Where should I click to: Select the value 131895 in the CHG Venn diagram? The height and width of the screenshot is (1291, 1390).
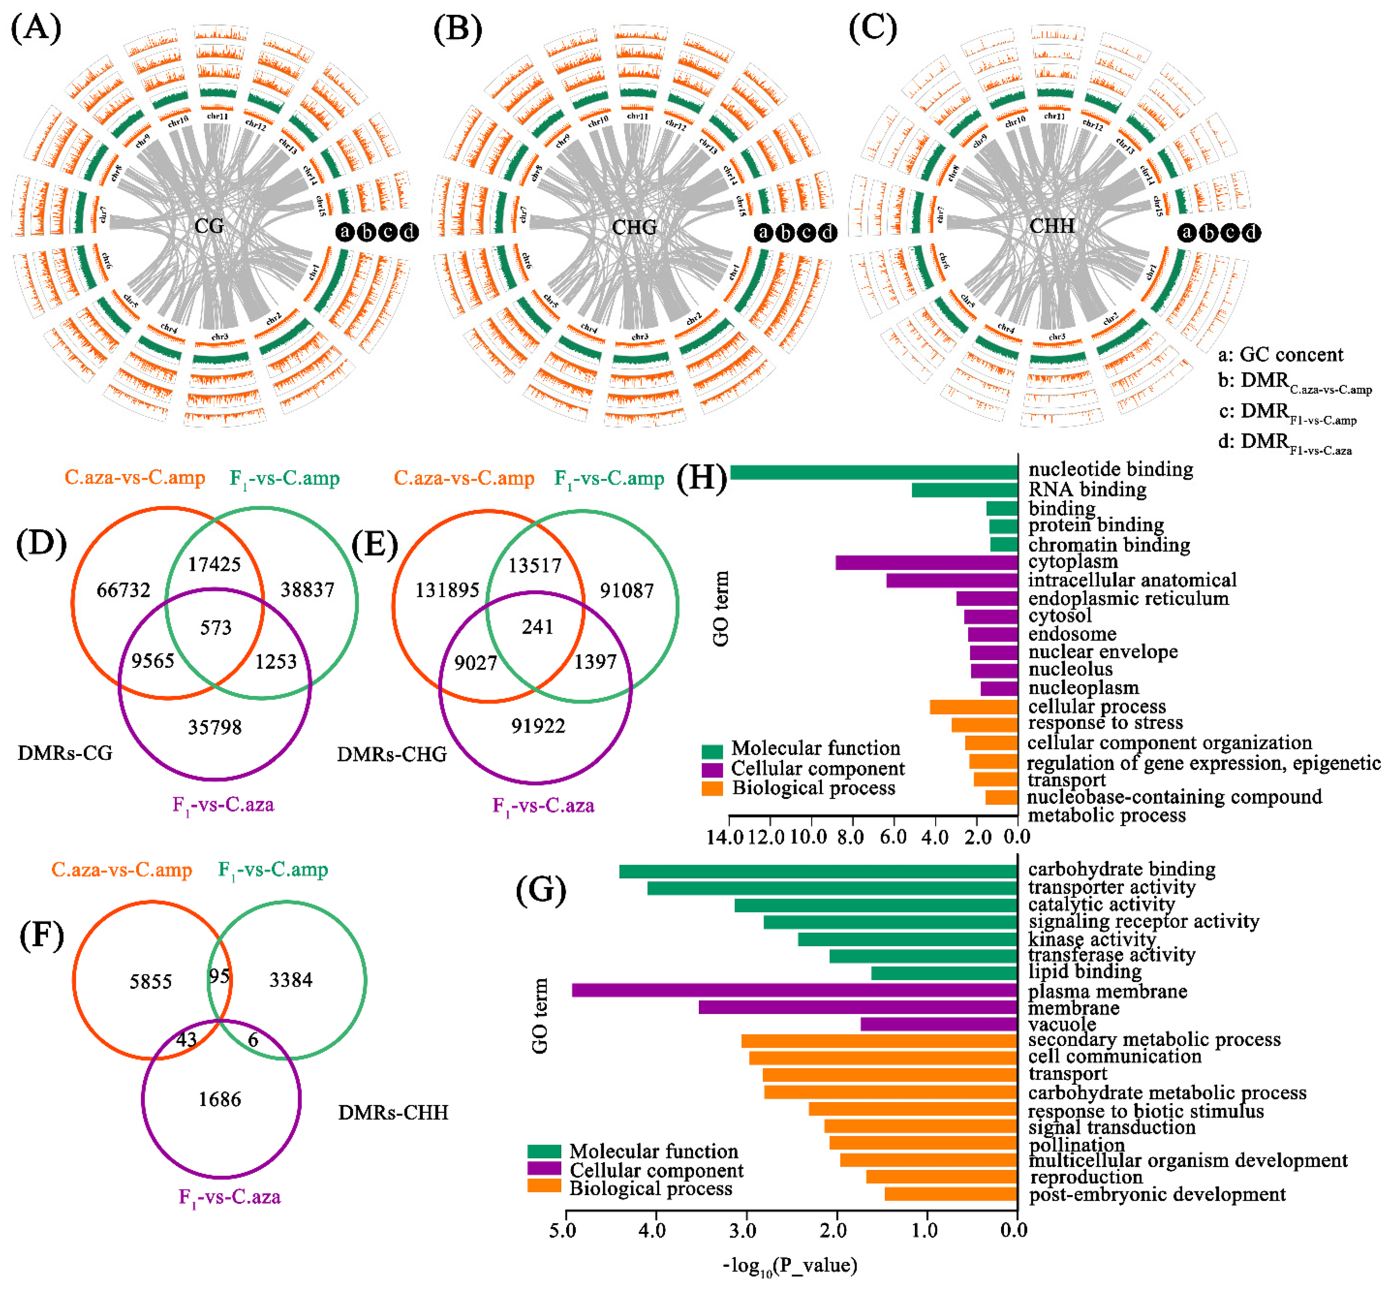coord(447,590)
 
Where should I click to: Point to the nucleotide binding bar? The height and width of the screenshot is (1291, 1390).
coord(874,473)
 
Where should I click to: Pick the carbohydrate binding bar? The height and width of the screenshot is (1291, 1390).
coord(818,871)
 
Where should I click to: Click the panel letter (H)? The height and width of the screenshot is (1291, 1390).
coord(702,479)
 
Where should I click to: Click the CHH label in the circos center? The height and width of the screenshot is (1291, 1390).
coord(1052,226)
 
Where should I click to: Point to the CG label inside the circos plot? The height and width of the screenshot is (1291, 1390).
coord(209,226)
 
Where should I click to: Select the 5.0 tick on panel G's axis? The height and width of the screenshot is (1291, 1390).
coord(563,1230)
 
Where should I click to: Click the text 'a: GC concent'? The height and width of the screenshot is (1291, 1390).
coord(1280,355)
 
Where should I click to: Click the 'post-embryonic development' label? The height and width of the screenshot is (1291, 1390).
coord(1157,1194)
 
